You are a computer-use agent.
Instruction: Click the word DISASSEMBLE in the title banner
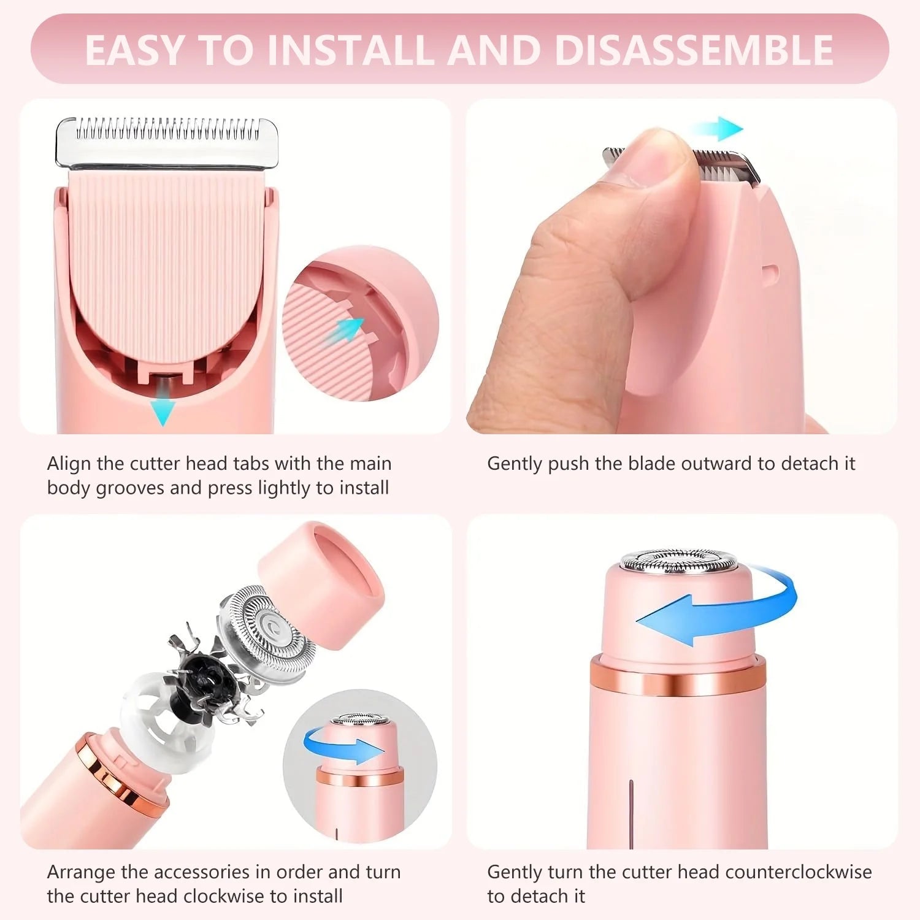pyautogui.click(x=693, y=50)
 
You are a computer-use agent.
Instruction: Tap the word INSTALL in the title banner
pyautogui.click(x=350, y=50)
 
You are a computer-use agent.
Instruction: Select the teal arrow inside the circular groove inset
pyautogui.click(x=350, y=329)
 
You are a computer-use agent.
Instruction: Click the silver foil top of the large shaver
pyautogui.click(x=678, y=561)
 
